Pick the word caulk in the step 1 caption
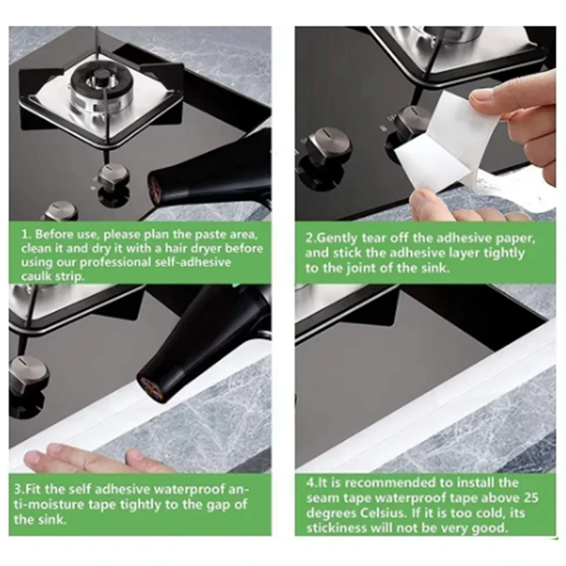tap(36, 277)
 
